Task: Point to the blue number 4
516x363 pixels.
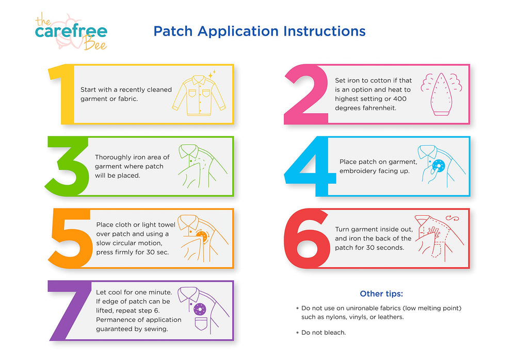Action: coord(309,166)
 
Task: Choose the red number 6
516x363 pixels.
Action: coord(306,238)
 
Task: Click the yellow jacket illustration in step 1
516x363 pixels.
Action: coord(199,93)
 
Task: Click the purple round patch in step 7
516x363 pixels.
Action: coord(199,309)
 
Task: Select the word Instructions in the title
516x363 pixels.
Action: coord(325,31)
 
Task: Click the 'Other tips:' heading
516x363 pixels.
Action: coord(381,294)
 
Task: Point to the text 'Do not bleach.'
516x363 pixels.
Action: coord(324,333)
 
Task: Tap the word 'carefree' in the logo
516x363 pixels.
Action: coord(71,32)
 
